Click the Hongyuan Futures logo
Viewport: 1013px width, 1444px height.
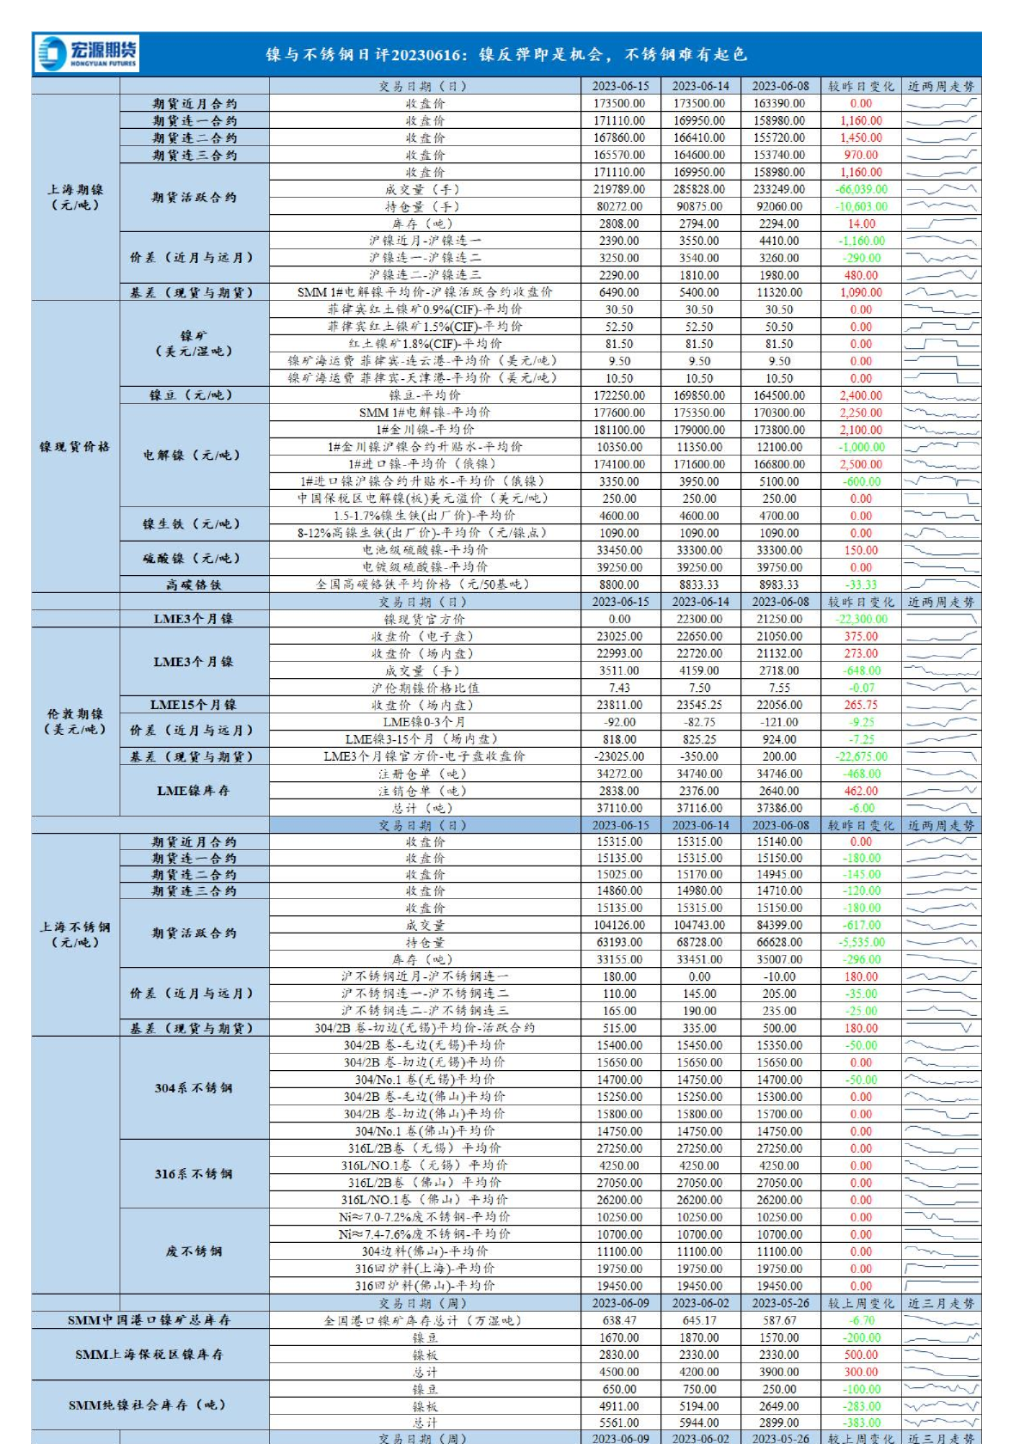coord(87,54)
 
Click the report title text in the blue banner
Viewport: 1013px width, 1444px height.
coord(506,55)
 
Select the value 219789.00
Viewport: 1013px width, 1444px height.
coord(619,190)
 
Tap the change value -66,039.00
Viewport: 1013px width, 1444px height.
coord(862,190)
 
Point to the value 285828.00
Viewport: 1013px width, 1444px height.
coord(699,190)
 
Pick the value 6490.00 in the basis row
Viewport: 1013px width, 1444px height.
coord(619,293)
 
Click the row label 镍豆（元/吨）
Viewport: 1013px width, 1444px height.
coord(192,395)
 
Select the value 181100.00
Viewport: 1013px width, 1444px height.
coord(619,430)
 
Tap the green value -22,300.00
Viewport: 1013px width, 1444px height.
coord(862,620)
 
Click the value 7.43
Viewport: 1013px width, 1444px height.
coord(619,688)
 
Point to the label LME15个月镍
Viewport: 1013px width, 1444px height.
coord(192,705)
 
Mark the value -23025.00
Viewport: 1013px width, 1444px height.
coord(619,757)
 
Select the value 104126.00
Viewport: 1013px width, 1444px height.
coord(619,926)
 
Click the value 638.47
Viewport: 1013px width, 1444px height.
coord(619,1321)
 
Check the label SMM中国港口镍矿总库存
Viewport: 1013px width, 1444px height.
coord(150,1321)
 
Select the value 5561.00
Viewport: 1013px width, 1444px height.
coord(619,1423)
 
